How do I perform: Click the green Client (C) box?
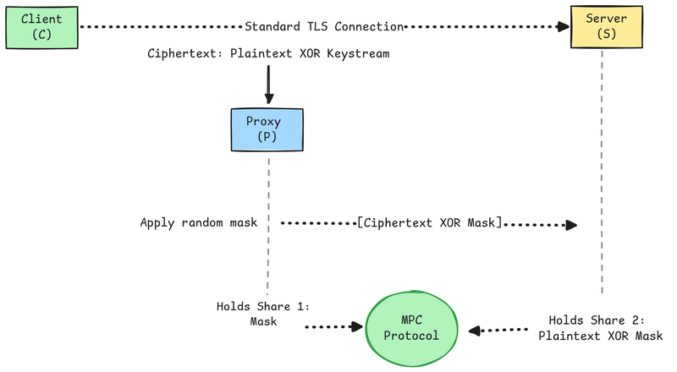(41, 26)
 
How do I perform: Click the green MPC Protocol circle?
(411, 327)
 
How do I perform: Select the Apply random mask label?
(199, 223)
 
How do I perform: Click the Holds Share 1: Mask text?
(263, 314)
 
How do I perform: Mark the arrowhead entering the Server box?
(562, 26)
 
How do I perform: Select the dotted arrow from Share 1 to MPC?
(331, 326)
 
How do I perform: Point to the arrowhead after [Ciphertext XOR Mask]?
(572, 225)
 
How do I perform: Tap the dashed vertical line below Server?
(603, 169)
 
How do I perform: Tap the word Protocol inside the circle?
(411, 336)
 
